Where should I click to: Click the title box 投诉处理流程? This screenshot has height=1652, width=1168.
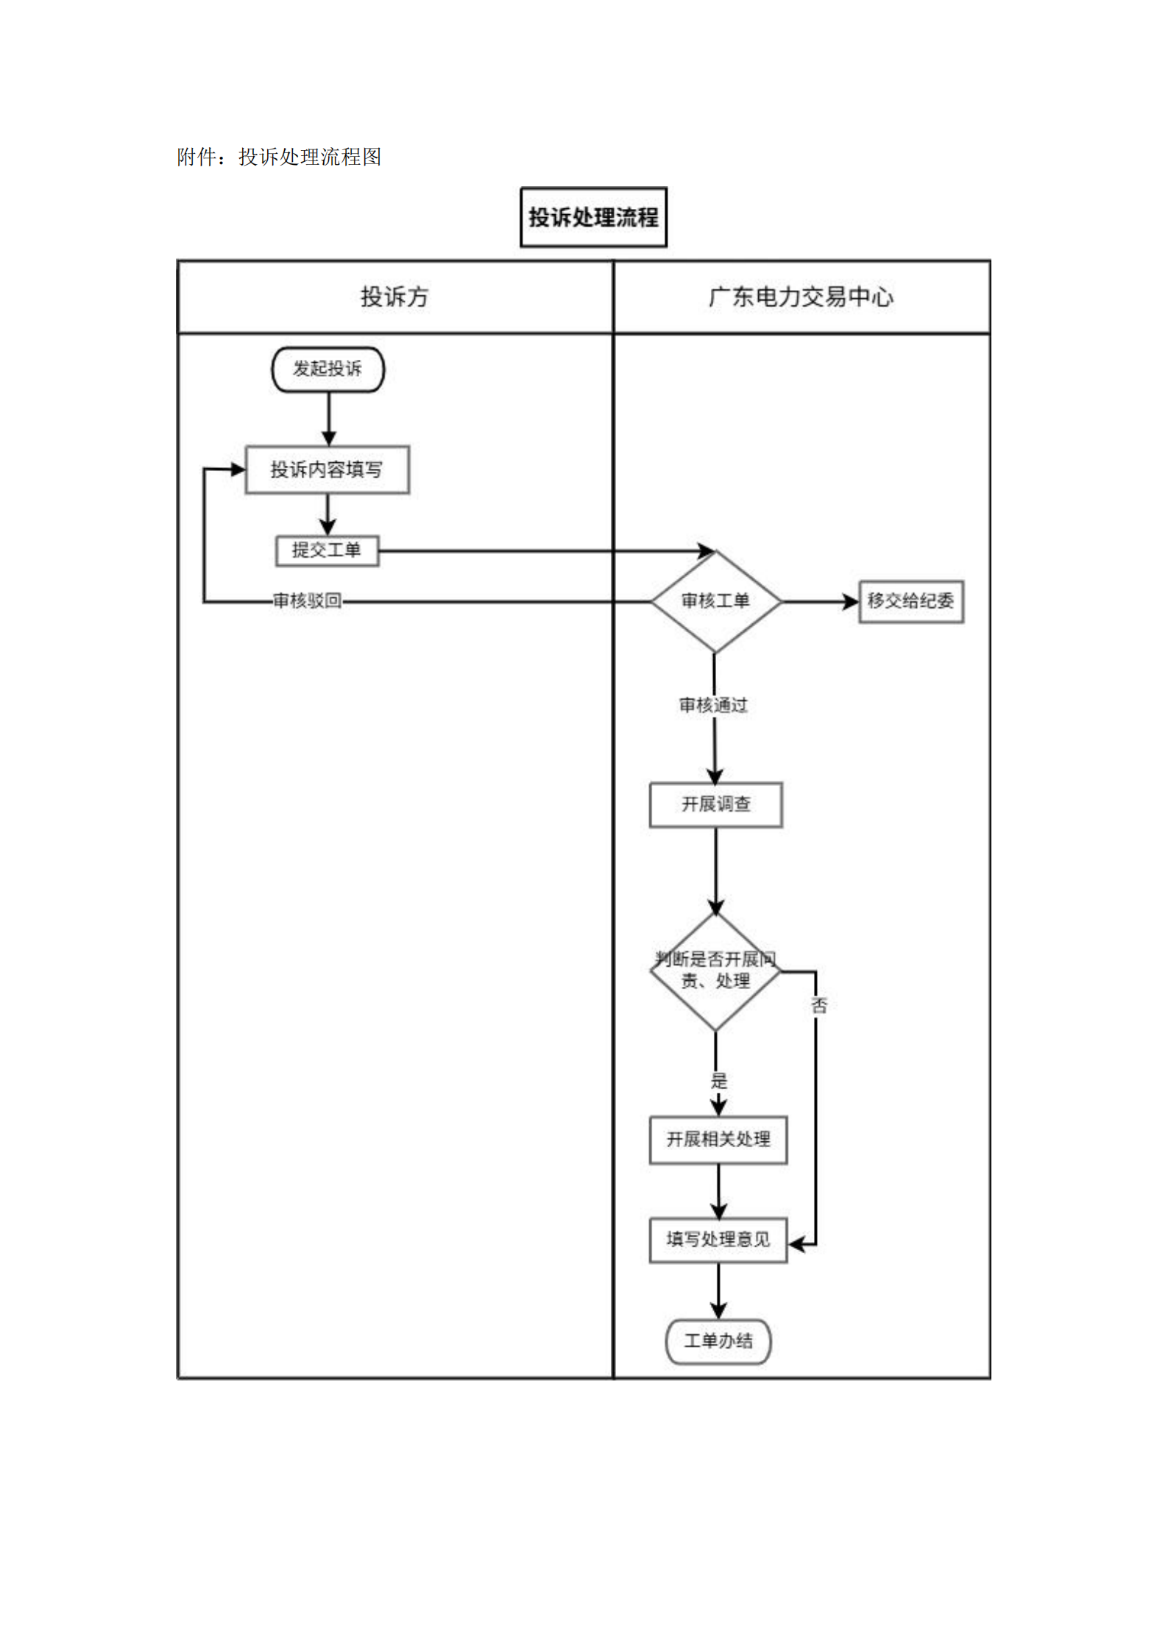tap(593, 217)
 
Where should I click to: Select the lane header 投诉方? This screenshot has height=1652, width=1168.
tap(394, 297)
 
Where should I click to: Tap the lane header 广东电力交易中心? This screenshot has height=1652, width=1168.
tap(801, 297)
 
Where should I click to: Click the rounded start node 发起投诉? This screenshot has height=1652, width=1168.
tap(328, 369)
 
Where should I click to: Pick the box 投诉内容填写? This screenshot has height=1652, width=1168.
tap(327, 469)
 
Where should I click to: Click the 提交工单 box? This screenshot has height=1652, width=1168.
tap(327, 550)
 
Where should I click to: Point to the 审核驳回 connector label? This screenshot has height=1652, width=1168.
tap(308, 601)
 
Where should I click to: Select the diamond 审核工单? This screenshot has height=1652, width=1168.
tap(715, 601)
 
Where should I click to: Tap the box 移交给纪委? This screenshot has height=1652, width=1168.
tap(910, 601)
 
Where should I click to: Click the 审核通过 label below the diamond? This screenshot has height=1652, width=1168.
tap(713, 706)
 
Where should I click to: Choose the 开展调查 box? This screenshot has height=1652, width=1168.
tap(715, 804)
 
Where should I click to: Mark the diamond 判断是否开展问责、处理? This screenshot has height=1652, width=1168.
tap(715, 971)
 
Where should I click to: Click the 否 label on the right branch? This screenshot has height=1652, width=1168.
tap(819, 1005)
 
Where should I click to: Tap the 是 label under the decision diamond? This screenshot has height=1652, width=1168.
tap(719, 1081)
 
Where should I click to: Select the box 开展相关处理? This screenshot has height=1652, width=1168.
tap(718, 1140)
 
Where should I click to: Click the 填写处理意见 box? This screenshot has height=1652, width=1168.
tap(718, 1240)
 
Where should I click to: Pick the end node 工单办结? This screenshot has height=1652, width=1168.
tap(718, 1341)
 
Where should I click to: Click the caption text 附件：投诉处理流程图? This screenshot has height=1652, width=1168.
tap(279, 157)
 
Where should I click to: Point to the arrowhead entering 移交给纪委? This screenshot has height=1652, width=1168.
tap(852, 601)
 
